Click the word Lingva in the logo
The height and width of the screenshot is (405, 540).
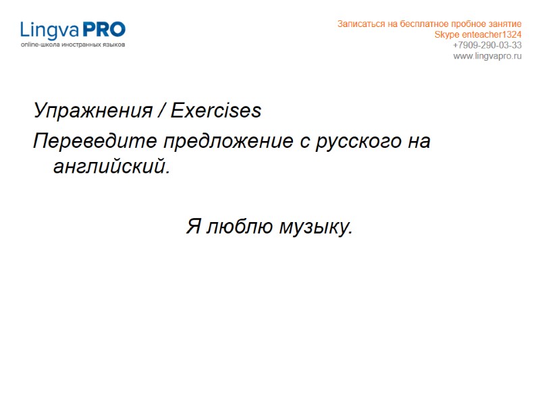pyautogui.click(x=50, y=30)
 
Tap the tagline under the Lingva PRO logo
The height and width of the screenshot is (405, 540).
pyautogui.click(x=73, y=45)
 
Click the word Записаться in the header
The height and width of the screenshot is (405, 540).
pyautogui.click(x=358, y=24)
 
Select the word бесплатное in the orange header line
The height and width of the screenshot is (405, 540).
pyautogui.click(x=428, y=24)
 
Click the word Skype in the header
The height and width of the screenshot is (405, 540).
pyautogui.click(x=446, y=34)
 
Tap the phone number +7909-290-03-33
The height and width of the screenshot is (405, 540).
pyautogui.click(x=487, y=45)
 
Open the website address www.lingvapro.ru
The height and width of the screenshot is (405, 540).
pyautogui.click(x=487, y=56)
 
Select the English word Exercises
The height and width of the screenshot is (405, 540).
pyautogui.click(x=216, y=111)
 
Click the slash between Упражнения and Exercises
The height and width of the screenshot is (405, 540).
pyautogui.click(x=162, y=111)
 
